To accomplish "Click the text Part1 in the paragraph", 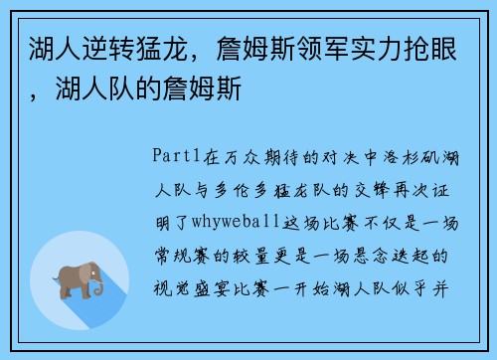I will click(177, 155).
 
